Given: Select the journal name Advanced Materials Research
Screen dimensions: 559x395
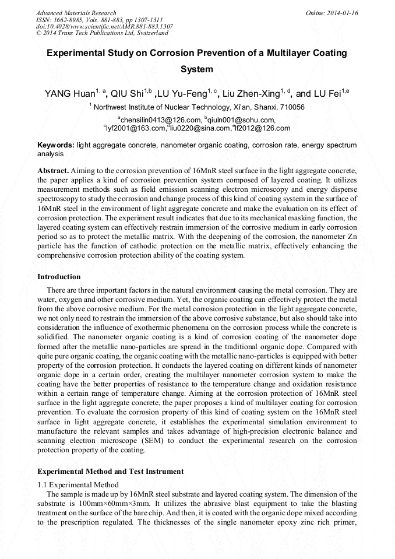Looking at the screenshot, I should (76, 13).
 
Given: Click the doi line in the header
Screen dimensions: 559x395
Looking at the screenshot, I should (104, 26).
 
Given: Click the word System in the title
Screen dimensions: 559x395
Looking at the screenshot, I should (197, 69).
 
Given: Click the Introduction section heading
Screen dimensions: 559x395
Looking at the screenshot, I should (59, 276).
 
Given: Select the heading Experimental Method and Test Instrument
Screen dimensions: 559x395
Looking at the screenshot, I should (110, 471).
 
